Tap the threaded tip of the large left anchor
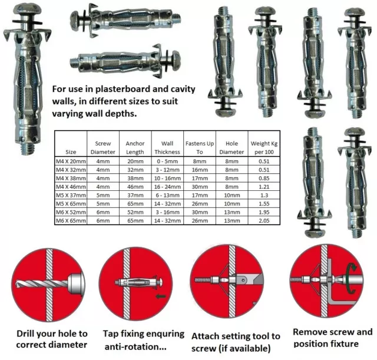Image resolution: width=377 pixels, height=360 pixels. point(25,147)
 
